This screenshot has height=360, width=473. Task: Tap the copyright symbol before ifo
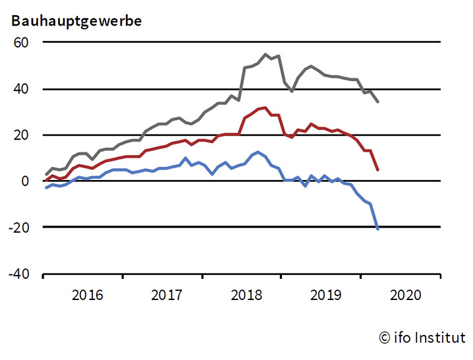[385, 338]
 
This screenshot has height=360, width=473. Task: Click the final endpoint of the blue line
[377, 229]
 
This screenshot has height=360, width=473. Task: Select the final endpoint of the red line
[377, 170]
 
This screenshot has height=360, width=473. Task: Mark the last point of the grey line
[377, 102]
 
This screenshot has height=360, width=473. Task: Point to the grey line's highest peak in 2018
[265, 55]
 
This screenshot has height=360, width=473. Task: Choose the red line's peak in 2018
[265, 107]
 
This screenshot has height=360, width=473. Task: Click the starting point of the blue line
[45, 188]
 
